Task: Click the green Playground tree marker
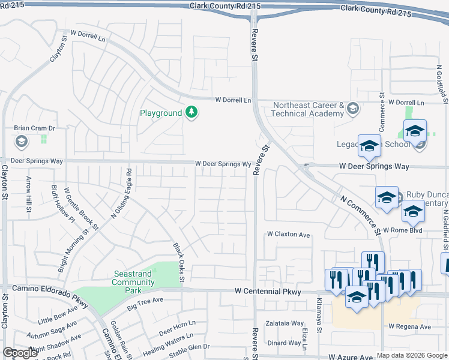[191, 113]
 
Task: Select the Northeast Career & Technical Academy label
[308, 109]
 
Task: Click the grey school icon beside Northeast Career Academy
[352, 109]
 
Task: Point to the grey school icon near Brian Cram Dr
[21, 142]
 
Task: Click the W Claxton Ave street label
[288, 235]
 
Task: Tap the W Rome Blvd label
[403, 230]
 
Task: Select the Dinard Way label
[284, 343]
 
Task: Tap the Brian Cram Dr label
[34, 128]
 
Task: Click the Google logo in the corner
[20, 353]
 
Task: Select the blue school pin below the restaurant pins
[357, 297]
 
